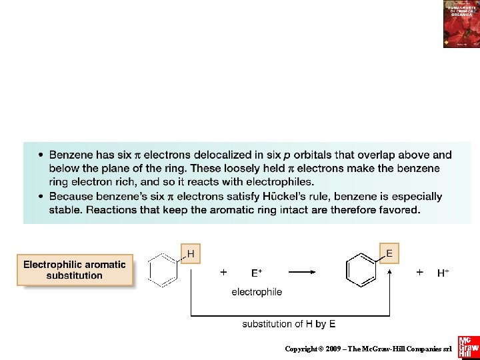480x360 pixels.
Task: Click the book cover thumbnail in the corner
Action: (461, 24)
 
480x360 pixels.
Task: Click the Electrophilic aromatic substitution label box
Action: (75, 270)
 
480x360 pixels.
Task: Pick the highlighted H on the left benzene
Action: (191, 253)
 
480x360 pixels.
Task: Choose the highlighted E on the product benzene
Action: (389, 253)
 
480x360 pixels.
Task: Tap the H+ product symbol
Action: (443, 273)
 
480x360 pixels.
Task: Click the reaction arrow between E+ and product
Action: (311, 271)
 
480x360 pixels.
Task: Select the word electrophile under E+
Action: (257, 291)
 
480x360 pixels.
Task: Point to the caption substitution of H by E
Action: (289, 324)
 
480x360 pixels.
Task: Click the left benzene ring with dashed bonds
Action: (163, 270)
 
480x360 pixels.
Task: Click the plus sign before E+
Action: (223, 272)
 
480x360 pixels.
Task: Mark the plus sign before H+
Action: (419, 272)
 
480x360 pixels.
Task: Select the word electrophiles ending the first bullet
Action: (264, 181)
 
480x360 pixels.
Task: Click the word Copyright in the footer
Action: (301, 349)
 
